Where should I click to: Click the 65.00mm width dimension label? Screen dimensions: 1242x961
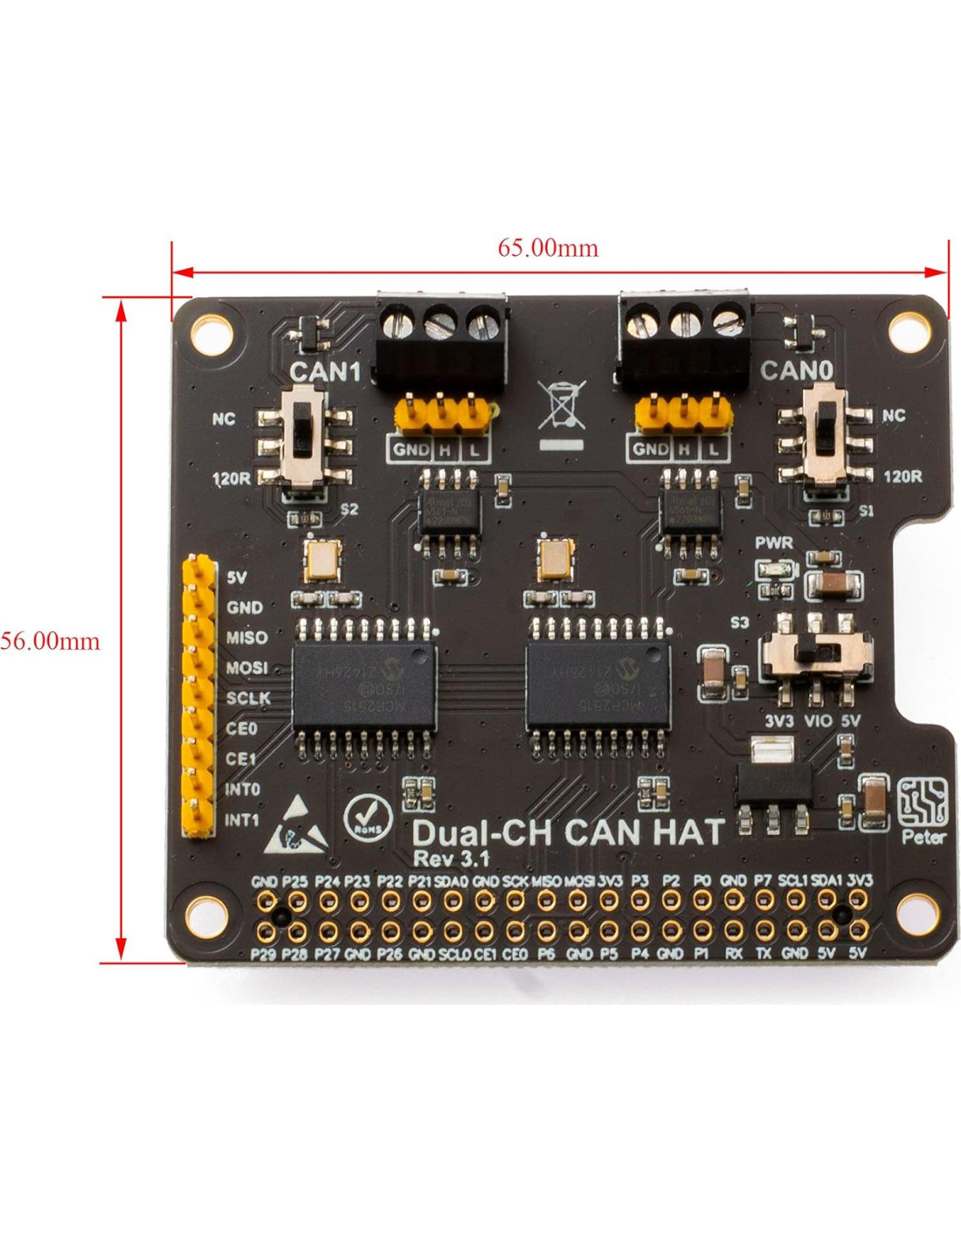click(x=548, y=248)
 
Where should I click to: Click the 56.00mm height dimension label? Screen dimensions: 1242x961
click(x=50, y=641)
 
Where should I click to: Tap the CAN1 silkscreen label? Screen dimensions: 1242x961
click(x=325, y=371)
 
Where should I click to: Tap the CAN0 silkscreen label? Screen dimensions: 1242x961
click(x=795, y=370)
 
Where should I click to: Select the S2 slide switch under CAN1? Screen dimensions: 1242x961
click(x=303, y=445)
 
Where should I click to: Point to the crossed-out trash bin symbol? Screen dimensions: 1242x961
click(x=561, y=405)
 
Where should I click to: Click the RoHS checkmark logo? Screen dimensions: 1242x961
click(x=368, y=818)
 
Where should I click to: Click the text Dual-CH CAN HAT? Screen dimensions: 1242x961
click(x=568, y=831)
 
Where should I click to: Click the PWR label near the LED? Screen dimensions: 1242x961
click(x=774, y=543)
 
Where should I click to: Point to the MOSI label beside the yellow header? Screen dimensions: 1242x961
click(x=246, y=668)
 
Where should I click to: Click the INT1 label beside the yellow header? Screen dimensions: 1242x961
click(x=242, y=820)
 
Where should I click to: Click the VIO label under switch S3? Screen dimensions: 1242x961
click(x=818, y=721)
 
